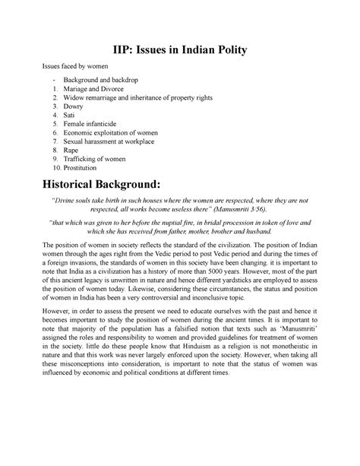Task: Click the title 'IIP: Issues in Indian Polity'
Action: tap(179, 51)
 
